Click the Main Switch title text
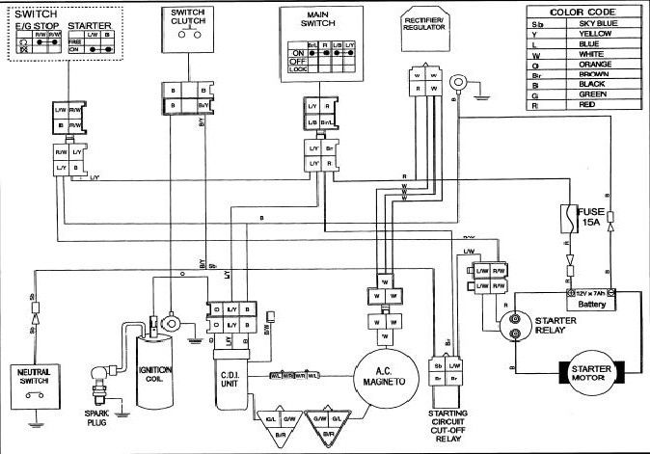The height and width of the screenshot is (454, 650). pyautogui.click(x=319, y=17)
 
